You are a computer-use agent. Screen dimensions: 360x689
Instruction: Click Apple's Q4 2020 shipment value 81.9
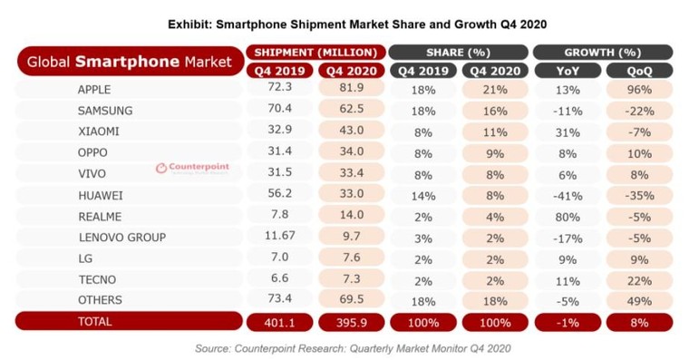(x=351, y=91)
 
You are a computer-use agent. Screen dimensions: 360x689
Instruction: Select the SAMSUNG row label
(x=106, y=111)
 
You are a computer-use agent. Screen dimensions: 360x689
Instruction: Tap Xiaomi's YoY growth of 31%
(x=568, y=131)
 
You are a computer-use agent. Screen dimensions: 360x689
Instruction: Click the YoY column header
(x=568, y=70)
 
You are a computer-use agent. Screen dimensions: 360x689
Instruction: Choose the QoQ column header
(x=639, y=70)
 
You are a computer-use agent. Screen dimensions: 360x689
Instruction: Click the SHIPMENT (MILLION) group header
(x=315, y=51)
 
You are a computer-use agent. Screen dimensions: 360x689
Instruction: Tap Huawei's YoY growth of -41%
(x=568, y=194)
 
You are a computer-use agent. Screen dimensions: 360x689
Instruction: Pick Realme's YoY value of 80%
(x=568, y=216)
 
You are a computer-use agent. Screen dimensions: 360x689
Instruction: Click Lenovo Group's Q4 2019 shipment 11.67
(x=280, y=237)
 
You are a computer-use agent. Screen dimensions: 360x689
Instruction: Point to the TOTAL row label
(x=95, y=321)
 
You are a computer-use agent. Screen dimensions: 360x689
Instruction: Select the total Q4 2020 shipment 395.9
(x=351, y=322)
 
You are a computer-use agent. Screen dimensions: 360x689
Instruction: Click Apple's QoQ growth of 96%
(x=639, y=91)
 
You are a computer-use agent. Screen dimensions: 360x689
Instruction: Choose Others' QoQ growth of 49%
(x=639, y=299)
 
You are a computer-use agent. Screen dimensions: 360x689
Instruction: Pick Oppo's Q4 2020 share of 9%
(x=495, y=152)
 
